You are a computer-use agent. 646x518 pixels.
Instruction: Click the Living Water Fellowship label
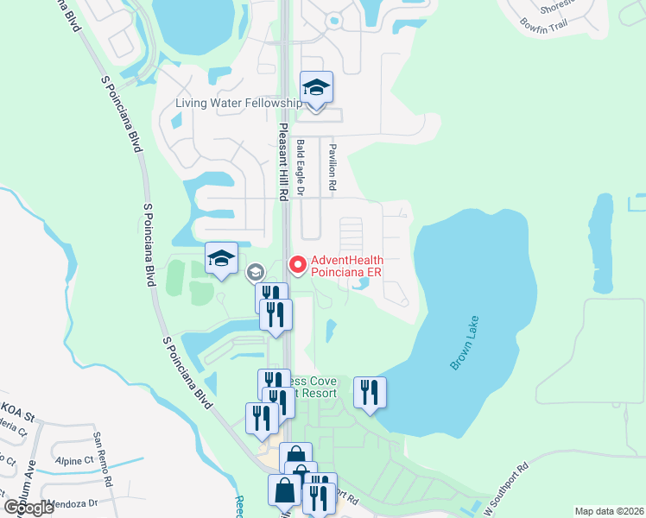click(238, 104)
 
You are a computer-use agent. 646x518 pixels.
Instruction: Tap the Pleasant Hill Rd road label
click(282, 161)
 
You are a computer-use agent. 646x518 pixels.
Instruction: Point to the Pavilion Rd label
click(331, 167)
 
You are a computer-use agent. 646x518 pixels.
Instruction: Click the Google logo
click(28, 508)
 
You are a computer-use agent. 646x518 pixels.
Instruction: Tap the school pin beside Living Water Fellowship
click(317, 87)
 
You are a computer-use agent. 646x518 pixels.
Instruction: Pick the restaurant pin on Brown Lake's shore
click(370, 392)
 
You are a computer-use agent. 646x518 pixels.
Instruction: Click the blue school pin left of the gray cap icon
click(220, 257)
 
